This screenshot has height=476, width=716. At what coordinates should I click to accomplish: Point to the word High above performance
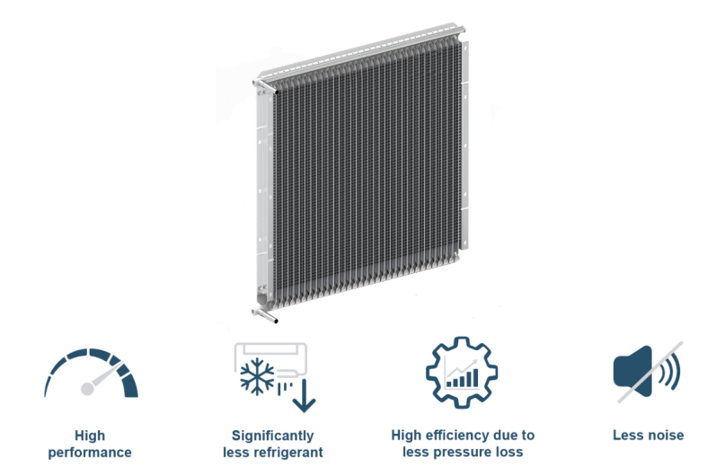coord(91,436)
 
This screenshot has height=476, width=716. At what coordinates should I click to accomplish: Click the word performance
coord(91,452)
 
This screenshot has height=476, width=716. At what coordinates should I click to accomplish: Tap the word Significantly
coord(273,436)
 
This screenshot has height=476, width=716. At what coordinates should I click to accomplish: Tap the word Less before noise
coord(628,436)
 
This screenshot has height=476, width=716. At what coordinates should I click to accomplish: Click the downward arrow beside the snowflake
coord(304,395)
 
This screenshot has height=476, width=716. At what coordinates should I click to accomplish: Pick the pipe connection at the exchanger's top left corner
coord(260,86)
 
